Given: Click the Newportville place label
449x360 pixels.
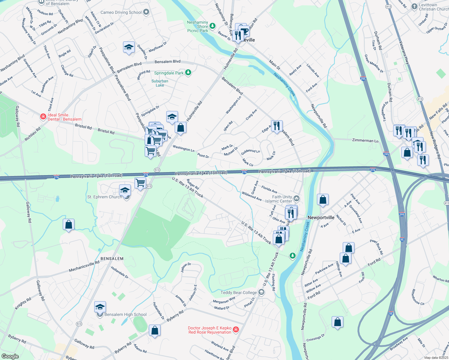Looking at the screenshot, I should (x=321, y=217).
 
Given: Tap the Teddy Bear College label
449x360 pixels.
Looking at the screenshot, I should (x=239, y=292).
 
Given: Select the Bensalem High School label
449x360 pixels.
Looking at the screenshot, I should (x=125, y=314).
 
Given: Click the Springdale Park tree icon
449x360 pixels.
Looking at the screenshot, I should (x=188, y=73).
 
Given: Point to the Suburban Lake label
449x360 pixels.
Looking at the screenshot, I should (x=160, y=83).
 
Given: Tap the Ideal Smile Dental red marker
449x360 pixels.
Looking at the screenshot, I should (x=43, y=116).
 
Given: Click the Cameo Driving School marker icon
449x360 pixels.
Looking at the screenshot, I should (x=146, y=12).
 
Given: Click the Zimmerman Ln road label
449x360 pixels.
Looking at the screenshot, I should (x=365, y=140).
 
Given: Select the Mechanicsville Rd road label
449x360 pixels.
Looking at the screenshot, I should (x=84, y=266).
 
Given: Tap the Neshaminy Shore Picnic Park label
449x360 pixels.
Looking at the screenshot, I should (x=197, y=26).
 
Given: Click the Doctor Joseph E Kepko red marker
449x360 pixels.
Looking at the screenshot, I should (x=236, y=330).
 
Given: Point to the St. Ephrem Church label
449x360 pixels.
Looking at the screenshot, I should (x=104, y=197).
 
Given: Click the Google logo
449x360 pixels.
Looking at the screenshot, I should (x=10, y=356).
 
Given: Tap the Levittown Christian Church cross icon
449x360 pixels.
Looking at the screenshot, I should (x=414, y=6).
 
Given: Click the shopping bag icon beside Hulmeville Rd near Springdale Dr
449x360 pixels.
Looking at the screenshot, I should (x=180, y=128).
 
